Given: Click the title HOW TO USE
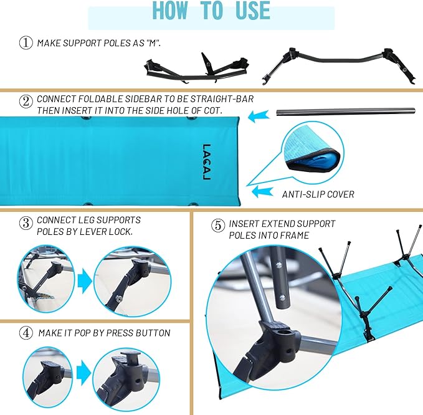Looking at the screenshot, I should coord(211,11).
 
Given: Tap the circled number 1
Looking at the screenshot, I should coord(25,43).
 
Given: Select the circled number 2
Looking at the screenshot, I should coord(25,101).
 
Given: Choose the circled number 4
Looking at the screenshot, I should coord(26,333).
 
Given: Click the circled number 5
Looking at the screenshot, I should coord(217,226).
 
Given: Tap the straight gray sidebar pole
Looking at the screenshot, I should coord(336,112).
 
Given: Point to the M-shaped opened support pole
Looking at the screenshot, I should coord(336,67).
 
